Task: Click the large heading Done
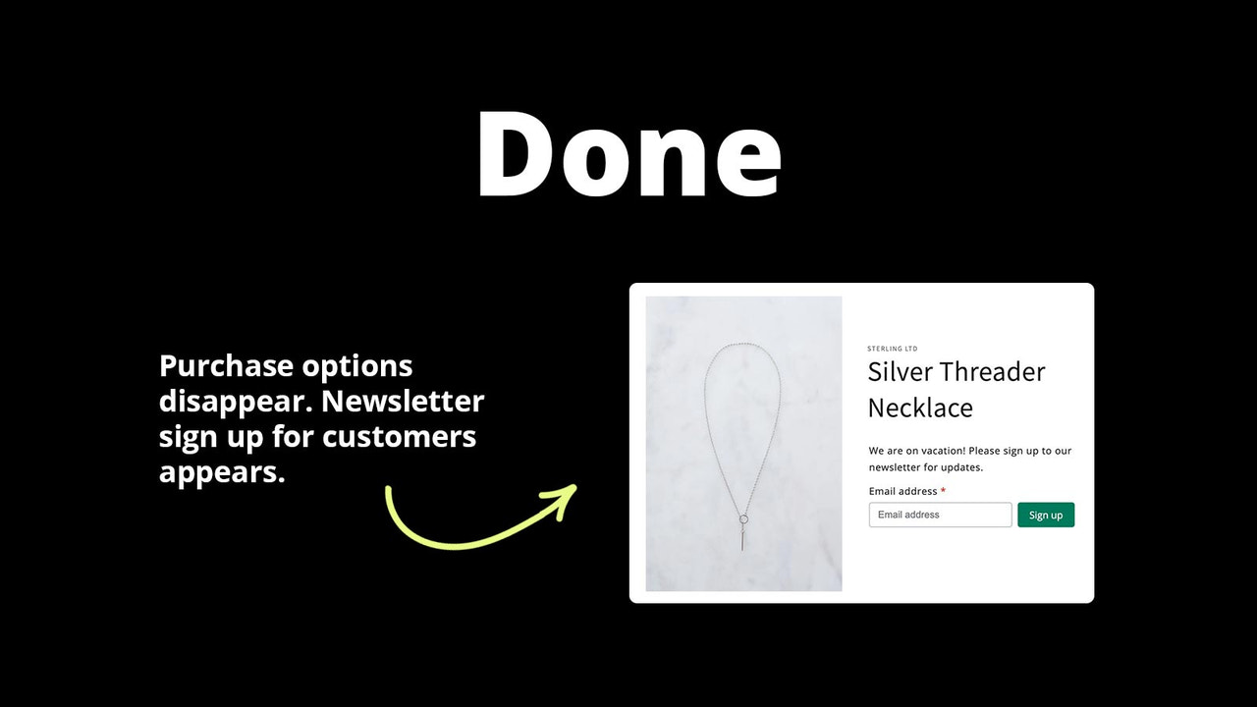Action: tap(628, 154)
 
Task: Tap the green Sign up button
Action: tap(1045, 516)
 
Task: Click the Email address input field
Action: tap(940, 515)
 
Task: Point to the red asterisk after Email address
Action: tap(943, 491)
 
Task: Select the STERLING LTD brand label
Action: tap(892, 349)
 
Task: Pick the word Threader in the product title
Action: tap(993, 372)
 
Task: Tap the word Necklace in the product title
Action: tap(920, 408)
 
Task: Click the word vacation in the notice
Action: tap(939, 451)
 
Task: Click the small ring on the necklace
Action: tap(743, 519)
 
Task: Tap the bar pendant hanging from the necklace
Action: tap(743, 539)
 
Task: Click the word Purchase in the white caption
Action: tap(226, 366)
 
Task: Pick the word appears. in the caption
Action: tap(222, 472)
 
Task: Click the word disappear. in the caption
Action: tap(236, 402)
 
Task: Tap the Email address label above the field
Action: tap(902, 491)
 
